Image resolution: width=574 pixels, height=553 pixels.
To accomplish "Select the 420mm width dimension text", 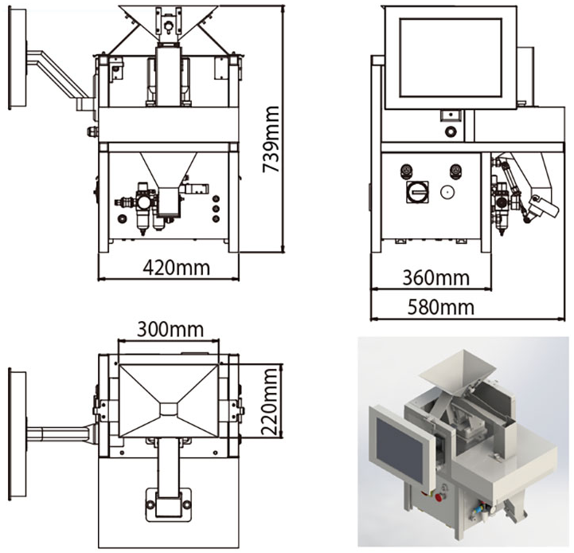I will point(177,267).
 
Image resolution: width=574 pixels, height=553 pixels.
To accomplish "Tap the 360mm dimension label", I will point(435,278).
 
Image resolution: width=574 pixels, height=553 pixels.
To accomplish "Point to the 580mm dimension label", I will point(440,307).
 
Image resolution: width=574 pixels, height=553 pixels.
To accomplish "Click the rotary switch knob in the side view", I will point(416,191).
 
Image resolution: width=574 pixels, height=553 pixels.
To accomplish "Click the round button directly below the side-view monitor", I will point(451,131).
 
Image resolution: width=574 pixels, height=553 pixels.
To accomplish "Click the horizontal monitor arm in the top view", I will point(60,434).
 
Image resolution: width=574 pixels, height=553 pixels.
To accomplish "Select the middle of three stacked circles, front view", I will point(215,203).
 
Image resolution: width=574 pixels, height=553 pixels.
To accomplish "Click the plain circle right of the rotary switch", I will point(447,191).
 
